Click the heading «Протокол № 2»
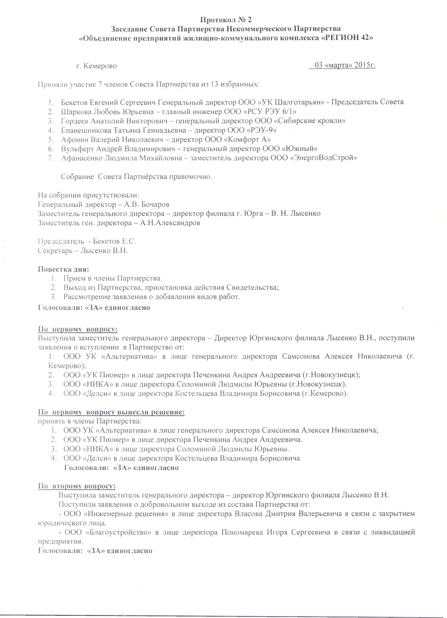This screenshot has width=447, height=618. pos(226,20)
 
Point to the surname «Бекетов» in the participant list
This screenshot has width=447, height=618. pos(74,102)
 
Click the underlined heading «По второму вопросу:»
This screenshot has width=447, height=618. pos(77,486)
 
